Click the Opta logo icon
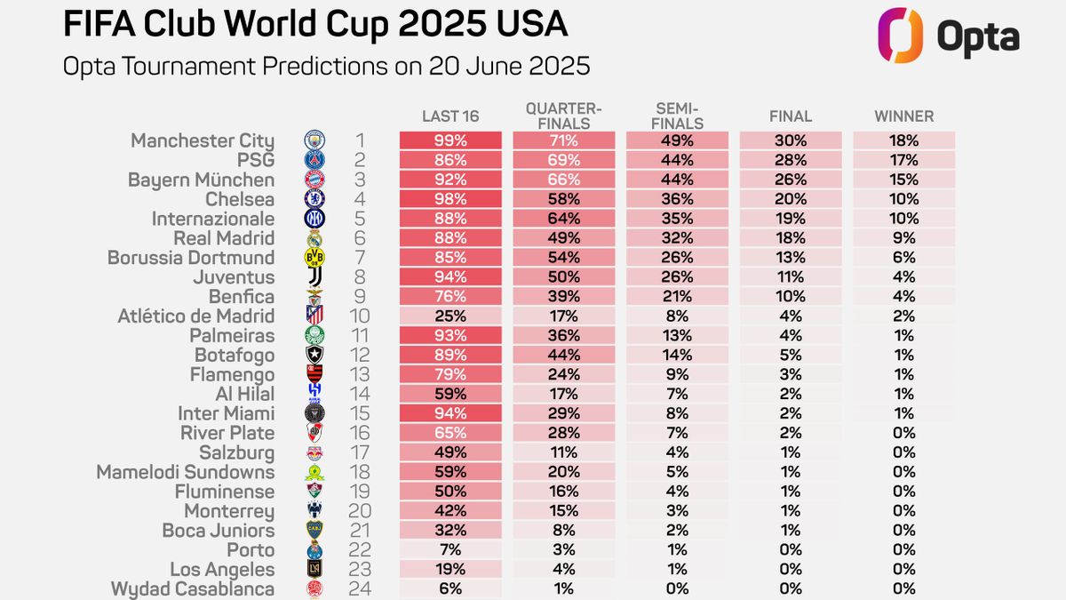[902, 36]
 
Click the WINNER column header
[903, 116]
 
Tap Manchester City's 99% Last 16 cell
[450, 140]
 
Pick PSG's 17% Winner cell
[903, 160]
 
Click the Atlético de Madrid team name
[196, 316]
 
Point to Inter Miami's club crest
[314, 414]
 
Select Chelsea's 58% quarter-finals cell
[563, 199]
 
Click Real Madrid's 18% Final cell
[790, 238]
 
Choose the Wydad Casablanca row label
[193, 588]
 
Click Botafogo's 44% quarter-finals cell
[563, 355]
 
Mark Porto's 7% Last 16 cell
[450, 549]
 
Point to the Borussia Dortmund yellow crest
[314, 258]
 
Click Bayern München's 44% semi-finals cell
[677, 180]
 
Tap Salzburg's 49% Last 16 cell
[450, 452]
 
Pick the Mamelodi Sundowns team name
[186, 472]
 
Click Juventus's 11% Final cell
[790, 277]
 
